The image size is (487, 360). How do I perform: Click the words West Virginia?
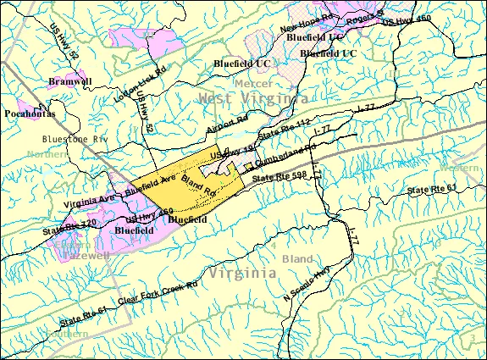252,99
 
